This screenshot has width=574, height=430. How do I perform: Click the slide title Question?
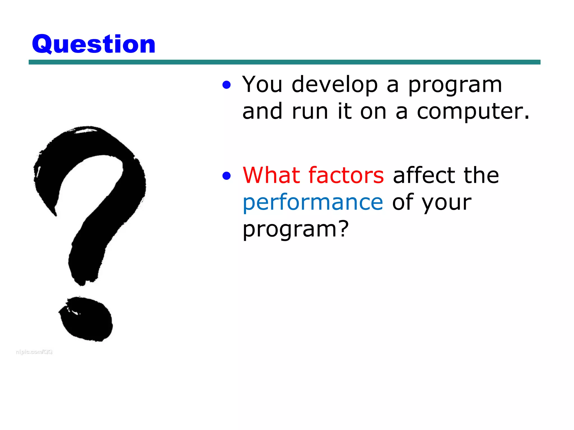click(x=94, y=44)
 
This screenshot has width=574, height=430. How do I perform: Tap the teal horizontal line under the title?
click(x=284, y=62)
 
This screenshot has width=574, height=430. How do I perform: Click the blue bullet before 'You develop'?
click(x=226, y=85)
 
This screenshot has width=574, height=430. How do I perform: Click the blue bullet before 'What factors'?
click(x=226, y=176)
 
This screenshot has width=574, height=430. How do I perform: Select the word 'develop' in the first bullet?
click(x=335, y=85)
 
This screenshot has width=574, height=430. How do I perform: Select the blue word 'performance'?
click(x=313, y=203)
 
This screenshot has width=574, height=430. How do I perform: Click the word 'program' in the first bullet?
click(x=455, y=85)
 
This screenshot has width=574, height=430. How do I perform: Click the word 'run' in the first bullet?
click(x=310, y=111)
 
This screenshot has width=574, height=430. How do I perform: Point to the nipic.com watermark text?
click(x=34, y=352)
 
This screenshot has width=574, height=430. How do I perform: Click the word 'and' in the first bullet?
click(x=262, y=111)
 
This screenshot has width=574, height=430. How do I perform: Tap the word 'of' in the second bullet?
click(x=403, y=202)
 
